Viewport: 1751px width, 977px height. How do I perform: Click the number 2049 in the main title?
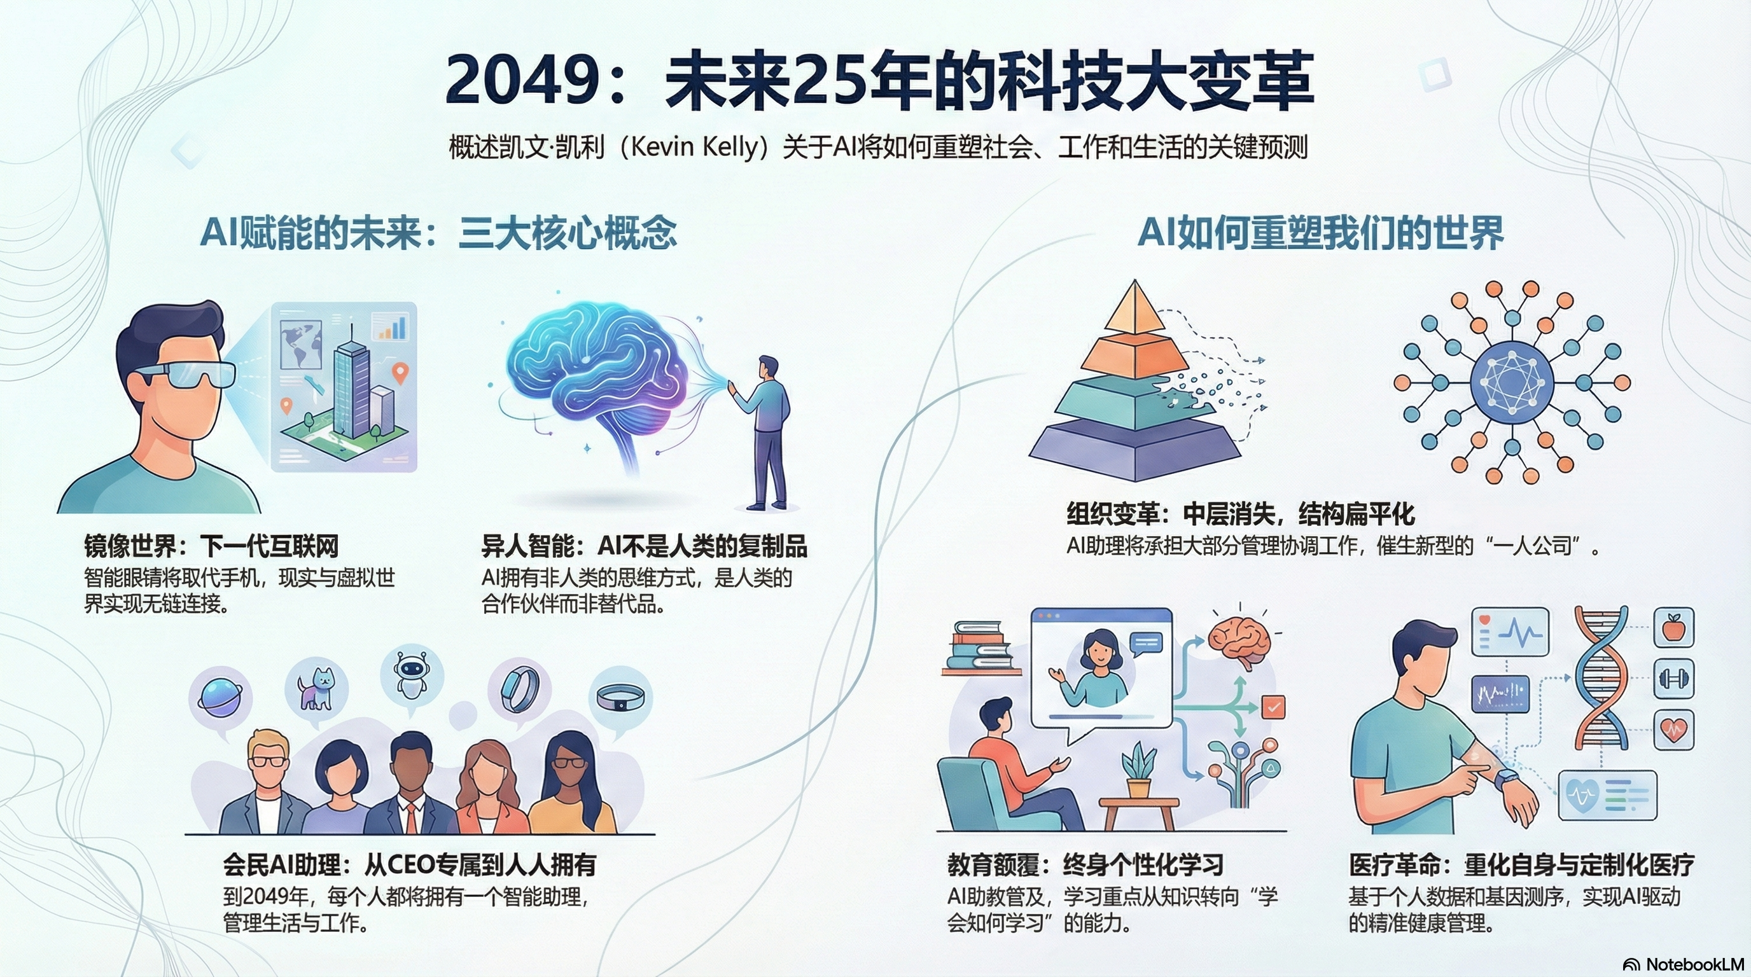click(x=522, y=80)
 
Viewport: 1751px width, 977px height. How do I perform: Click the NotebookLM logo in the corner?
click(x=1684, y=964)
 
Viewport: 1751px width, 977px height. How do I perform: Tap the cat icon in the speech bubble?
click(x=317, y=689)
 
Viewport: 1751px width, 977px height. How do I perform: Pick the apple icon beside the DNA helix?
click(x=1673, y=627)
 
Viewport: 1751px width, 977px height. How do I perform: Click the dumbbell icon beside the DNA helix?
click(x=1673, y=678)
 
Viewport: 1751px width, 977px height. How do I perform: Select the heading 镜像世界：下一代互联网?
click(x=211, y=546)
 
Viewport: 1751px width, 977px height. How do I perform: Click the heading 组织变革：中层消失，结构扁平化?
click(x=1240, y=514)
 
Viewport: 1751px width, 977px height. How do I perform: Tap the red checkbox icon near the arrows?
click(x=1273, y=707)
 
